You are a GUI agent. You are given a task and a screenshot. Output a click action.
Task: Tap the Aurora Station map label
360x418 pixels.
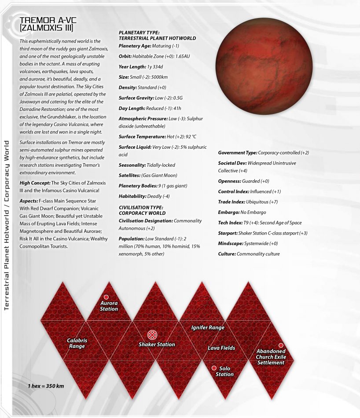point(109,306)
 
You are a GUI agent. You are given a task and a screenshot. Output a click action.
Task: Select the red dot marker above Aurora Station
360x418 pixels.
point(106,297)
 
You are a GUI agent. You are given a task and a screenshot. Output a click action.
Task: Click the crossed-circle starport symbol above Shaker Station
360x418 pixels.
point(151,334)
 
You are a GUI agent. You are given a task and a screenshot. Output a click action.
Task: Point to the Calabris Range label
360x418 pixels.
point(77,343)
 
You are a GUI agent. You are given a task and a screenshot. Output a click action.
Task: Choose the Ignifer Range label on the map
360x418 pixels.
point(208,328)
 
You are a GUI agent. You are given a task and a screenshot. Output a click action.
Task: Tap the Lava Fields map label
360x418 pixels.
point(221,348)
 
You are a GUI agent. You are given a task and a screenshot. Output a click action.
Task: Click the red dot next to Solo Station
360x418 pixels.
point(214,368)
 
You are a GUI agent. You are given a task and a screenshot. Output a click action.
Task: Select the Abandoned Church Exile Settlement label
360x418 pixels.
point(271,357)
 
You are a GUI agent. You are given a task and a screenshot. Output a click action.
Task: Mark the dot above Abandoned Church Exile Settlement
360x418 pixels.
point(281,345)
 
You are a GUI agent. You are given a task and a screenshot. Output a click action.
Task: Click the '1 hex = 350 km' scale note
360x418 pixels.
point(46,386)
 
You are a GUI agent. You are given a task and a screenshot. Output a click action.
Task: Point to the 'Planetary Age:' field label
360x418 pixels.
point(135,46)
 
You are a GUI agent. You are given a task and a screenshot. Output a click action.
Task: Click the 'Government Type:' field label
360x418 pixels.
point(238,153)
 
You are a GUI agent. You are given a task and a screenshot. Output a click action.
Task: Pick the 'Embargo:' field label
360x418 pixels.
point(229,213)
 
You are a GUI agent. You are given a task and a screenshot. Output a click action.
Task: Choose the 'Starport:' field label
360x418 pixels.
point(228,233)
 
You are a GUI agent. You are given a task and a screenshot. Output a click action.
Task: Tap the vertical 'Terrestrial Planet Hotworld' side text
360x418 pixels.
point(7,264)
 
